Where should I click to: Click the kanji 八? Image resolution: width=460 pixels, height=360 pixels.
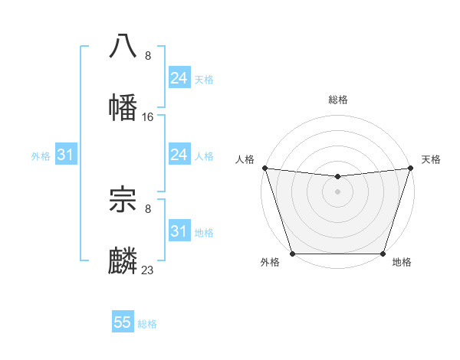coord(123,46)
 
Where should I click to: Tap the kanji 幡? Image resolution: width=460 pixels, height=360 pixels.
coord(123,107)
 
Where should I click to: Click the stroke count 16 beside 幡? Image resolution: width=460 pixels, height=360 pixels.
coord(148,117)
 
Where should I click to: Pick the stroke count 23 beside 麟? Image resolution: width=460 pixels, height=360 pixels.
coord(148,270)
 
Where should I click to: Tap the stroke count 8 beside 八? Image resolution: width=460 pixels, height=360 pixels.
coord(148,56)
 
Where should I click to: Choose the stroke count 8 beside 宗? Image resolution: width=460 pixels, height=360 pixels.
coord(148,208)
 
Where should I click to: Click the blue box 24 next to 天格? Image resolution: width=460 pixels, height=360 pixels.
coord(179,78)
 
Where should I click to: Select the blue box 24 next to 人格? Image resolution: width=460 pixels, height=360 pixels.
coord(179,155)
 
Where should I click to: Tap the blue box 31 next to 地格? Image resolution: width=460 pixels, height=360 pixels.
coord(179,231)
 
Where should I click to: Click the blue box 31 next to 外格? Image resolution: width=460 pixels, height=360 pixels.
coord(66,155)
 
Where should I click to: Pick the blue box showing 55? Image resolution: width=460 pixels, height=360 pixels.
coord(123,322)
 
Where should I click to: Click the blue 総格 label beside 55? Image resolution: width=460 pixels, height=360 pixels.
coord(148,324)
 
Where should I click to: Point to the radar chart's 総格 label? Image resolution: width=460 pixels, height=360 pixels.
coord(338,100)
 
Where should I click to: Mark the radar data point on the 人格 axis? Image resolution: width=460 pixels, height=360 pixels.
coord(265,168)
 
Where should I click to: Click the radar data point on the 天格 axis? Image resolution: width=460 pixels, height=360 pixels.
coord(410,168)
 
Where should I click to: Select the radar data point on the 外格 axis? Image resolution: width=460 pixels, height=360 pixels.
coord(293,254)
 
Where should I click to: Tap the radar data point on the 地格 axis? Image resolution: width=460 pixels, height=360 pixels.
coord(383,254)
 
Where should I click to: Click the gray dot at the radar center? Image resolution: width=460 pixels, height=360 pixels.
coord(337,191)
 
